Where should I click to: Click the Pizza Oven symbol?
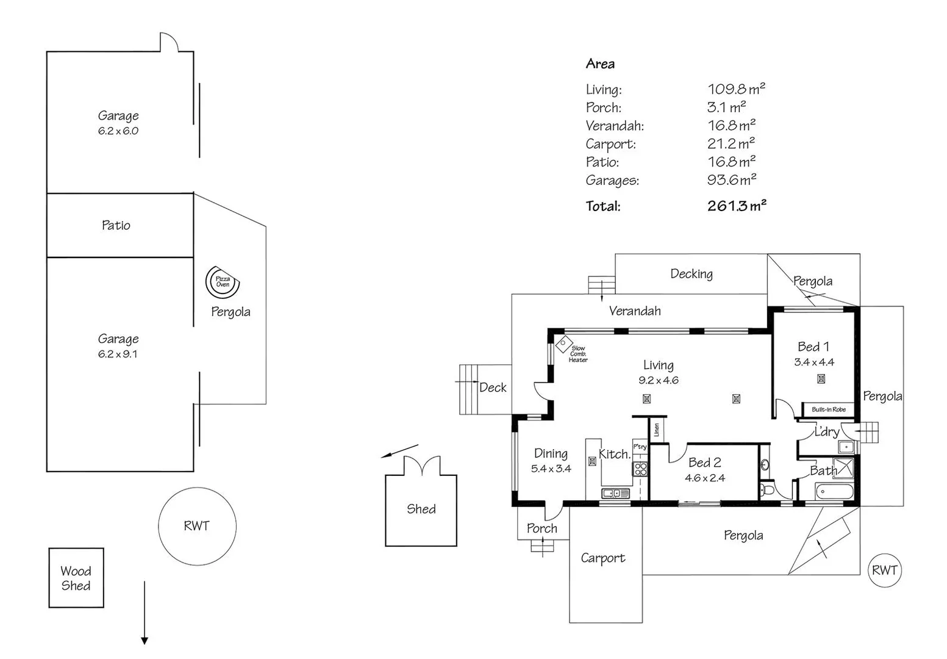[223, 282]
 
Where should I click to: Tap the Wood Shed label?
[76, 578]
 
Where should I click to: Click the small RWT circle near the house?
[884, 570]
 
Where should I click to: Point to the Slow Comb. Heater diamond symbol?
[563, 344]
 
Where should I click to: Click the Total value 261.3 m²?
[737, 206]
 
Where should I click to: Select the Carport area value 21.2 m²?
[731, 144]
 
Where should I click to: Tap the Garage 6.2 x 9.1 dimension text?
[118, 354]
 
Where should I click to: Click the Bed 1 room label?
[813, 347]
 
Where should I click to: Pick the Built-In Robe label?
[829, 409]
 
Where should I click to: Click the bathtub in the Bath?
[835, 492]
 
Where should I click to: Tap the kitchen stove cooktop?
[640, 469]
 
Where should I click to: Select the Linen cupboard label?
[657, 430]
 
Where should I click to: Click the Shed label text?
[421, 509]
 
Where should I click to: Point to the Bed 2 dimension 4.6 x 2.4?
[705, 478]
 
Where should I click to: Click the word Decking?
[691, 274]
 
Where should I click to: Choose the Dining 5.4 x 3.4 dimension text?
[551, 469]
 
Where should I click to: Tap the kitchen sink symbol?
[615, 493]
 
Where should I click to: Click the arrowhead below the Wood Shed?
[144, 641]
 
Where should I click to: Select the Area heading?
[600, 64]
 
